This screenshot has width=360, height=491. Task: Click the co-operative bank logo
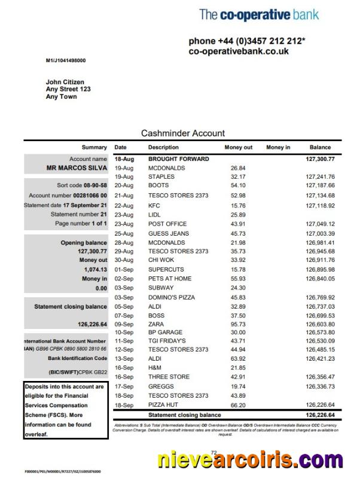click(259, 15)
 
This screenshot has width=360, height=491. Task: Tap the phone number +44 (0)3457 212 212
click(246, 41)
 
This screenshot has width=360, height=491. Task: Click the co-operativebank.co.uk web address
click(239, 51)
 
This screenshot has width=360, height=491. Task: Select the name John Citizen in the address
click(65, 82)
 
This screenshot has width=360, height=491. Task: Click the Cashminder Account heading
click(183, 133)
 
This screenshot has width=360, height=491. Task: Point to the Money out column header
click(239, 147)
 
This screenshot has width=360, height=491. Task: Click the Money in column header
click(278, 147)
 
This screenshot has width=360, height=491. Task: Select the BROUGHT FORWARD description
click(178, 159)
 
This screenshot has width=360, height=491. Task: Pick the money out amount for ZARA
click(238, 323)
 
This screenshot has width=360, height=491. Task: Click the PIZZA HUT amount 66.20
click(238, 405)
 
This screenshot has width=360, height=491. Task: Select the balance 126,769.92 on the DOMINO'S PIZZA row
click(320, 297)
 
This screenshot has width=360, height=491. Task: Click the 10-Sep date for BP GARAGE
click(124, 332)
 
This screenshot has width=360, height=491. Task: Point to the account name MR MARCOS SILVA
click(77, 168)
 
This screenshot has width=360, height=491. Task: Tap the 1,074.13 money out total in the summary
click(95, 269)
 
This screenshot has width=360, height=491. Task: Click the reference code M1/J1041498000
click(66, 60)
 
